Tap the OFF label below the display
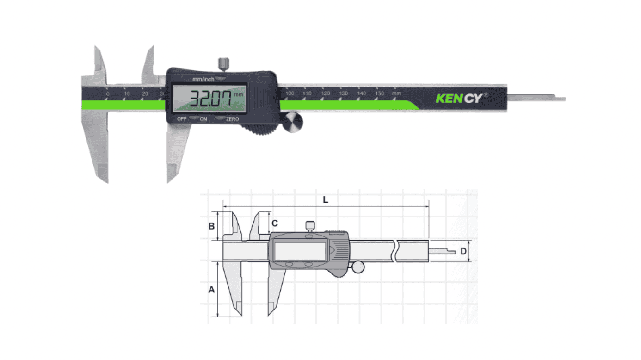182,119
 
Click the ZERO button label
232,119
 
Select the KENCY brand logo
459,98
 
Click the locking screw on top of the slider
224,62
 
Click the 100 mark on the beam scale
290,93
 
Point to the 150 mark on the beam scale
379,93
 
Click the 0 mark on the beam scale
107,94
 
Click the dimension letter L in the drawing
326,200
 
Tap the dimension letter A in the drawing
211,290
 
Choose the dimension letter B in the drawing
211,226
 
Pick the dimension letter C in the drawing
275,223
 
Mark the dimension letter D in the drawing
463,251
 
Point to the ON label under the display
203,119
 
